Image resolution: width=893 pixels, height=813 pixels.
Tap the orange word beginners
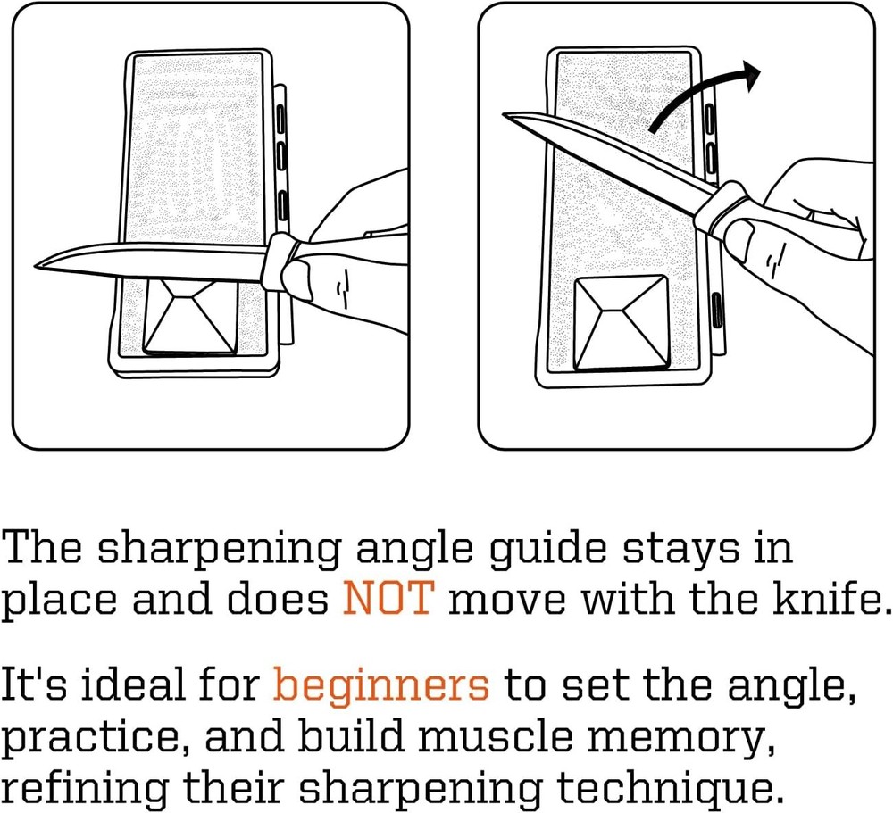381,686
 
